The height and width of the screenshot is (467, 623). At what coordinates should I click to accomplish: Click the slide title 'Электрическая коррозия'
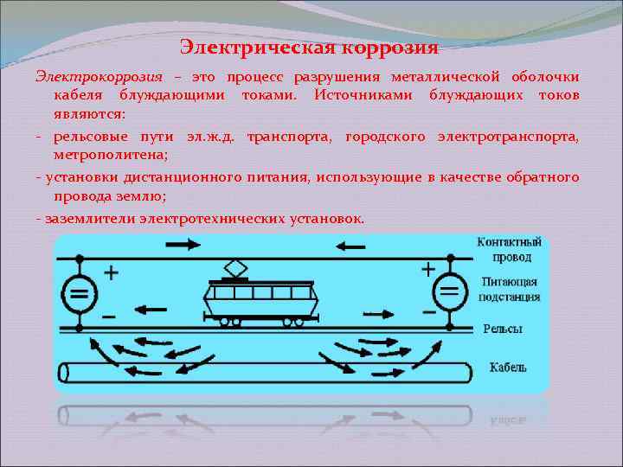(310, 44)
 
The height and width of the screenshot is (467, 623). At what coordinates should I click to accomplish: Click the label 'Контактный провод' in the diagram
(509, 250)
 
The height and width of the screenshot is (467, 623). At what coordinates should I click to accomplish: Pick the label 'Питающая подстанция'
(509, 290)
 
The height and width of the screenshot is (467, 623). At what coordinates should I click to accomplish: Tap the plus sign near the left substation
(112, 272)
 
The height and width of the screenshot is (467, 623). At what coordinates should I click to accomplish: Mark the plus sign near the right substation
(427, 269)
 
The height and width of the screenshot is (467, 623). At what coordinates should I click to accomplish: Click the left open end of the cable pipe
(63, 373)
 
